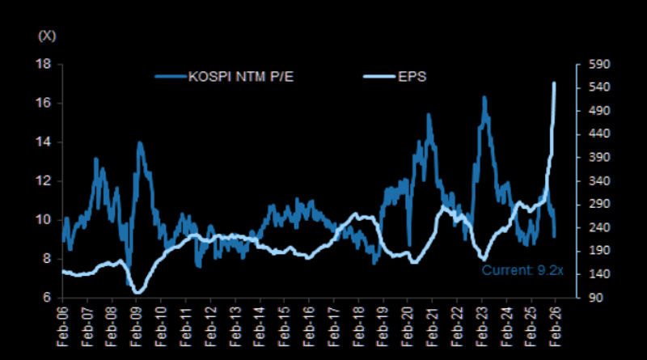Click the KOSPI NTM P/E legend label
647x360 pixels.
(x=240, y=78)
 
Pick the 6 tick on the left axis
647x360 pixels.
(x=49, y=298)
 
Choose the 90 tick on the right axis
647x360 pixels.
(x=588, y=298)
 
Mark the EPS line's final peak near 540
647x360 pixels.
(x=554, y=83)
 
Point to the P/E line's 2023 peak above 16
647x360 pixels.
(x=484, y=97)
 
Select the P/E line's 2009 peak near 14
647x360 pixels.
(x=139, y=143)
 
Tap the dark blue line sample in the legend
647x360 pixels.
(x=171, y=78)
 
